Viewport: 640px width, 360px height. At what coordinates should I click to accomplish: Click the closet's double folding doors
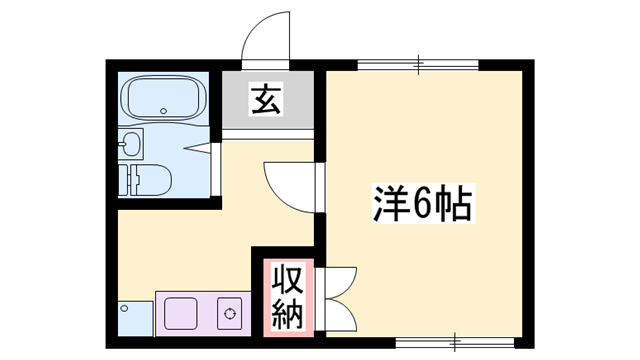pyautogui.click(x=338, y=297)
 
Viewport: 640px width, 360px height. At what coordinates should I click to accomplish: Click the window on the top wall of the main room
pyautogui.click(x=418, y=64)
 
